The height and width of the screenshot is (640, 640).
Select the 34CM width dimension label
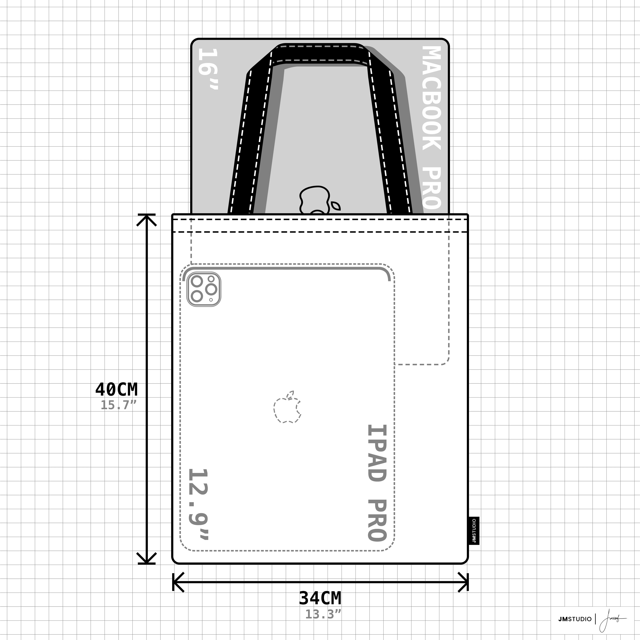320,598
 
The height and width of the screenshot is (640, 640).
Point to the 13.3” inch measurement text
323,614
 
